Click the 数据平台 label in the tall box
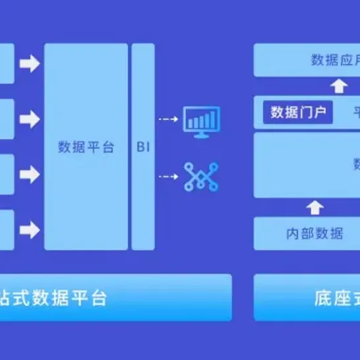click(86, 146)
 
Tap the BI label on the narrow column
click(143, 146)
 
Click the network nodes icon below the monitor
click(201, 176)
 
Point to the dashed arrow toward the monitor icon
click(168, 120)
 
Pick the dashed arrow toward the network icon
click(168, 176)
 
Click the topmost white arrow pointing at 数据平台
click(29, 64)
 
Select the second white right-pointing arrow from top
click(29, 119)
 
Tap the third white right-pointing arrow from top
click(29, 175)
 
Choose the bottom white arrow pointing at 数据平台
click(29, 229)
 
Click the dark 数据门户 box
click(298, 112)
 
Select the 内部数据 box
click(315, 233)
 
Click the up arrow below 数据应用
click(339, 86)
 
